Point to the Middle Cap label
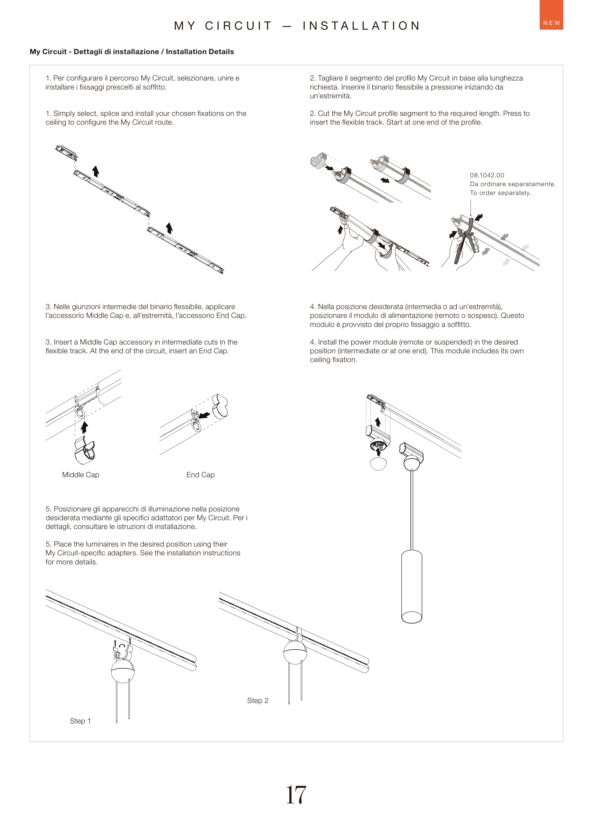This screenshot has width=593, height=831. click(80, 475)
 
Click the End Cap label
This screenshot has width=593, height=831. click(200, 475)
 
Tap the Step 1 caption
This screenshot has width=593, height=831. click(80, 721)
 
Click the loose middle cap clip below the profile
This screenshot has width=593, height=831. click(84, 452)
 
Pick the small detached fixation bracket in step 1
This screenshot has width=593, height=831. click(66, 153)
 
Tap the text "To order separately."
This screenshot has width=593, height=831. click(500, 193)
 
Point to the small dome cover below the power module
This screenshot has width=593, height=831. click(378, 464)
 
